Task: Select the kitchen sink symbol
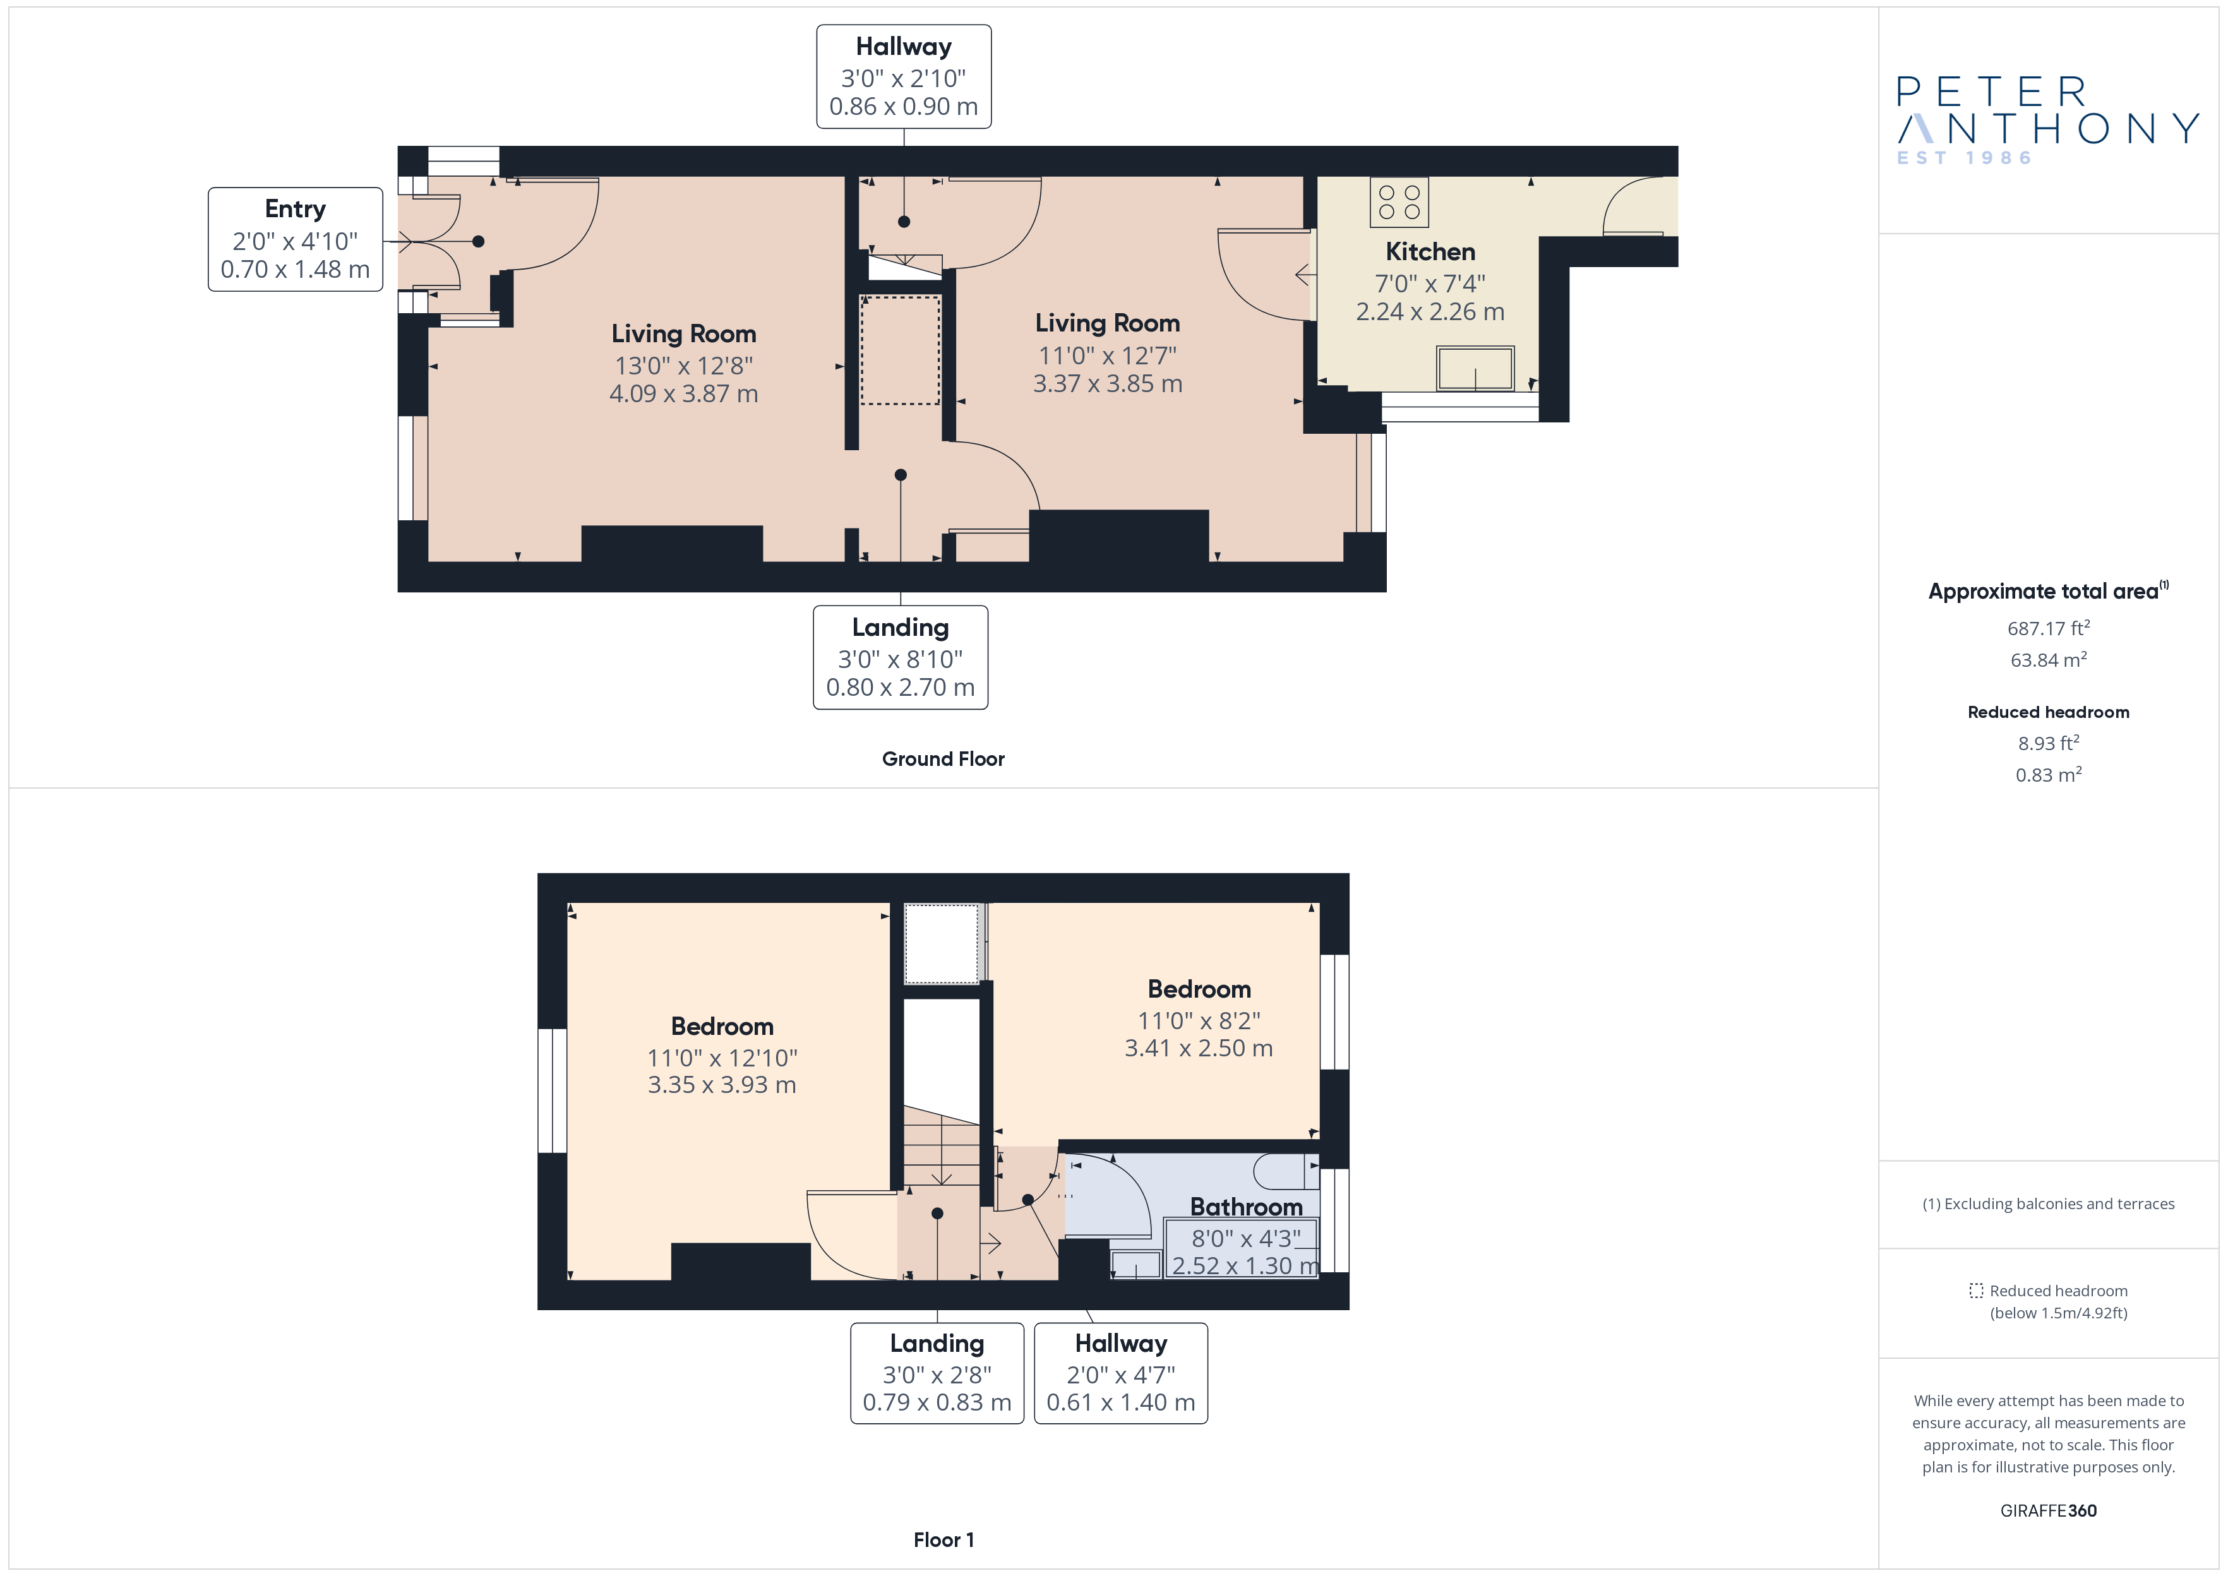[1475, 369]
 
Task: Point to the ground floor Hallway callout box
[904, 76]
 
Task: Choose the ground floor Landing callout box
[901, 658]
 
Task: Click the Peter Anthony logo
[2047, 121]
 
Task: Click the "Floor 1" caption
[943, 1540]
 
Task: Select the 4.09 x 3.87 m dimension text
[683, 394]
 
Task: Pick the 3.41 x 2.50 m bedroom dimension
[1199, 1048]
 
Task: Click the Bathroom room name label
[1246, 1207]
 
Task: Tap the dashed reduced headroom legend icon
[1975, 1291]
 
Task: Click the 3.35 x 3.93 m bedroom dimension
[722, 1085]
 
